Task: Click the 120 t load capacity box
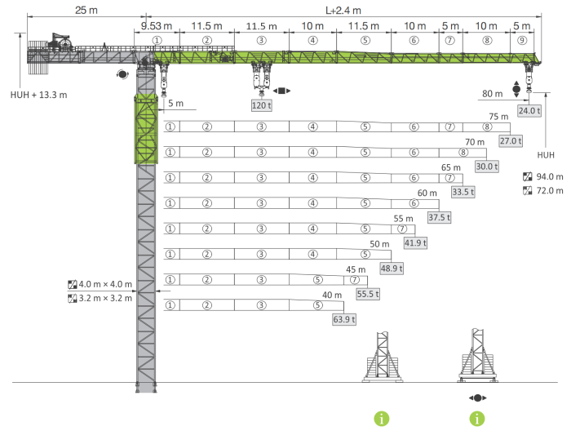[x=262, y=105]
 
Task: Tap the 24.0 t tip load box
[x=529, y=111]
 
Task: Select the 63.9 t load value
[x=344, y=319]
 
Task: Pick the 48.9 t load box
[x=392, y=269]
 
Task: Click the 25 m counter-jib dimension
[x=86, y=10]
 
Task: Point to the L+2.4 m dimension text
[x=343, y=11]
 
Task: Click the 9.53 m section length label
[x=157, y=26]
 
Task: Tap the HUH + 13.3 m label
[x=38, y=95]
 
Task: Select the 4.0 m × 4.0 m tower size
[x=105, y=284]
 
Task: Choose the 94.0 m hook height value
[x=550, y=176]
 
